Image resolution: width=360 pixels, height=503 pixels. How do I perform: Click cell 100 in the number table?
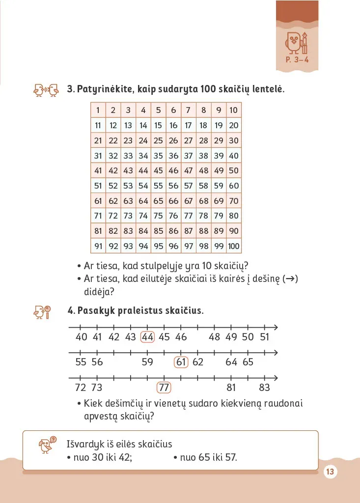pos(234,246)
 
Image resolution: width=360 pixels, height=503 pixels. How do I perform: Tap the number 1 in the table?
pos(98,111)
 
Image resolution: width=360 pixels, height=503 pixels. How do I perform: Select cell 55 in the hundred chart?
pos(158,186)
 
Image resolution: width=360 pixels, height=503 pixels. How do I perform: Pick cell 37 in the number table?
pos(189,156)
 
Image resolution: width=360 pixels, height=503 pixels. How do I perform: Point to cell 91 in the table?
pos(98,246)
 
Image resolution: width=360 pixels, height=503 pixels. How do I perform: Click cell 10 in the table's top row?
pos(234,111)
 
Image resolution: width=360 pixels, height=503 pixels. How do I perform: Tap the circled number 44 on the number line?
pos(147,337)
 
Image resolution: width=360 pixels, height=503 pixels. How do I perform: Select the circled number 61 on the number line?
pos(182,363)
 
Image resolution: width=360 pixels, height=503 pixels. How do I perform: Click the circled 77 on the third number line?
pos(164,388)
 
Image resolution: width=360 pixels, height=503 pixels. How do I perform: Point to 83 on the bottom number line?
pos(265,388)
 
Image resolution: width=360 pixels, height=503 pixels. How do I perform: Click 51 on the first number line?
pos(265,337)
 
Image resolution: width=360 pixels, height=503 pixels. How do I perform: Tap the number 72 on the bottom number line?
pos(81,388)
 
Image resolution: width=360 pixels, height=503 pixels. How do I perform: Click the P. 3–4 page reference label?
pos(300,61)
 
